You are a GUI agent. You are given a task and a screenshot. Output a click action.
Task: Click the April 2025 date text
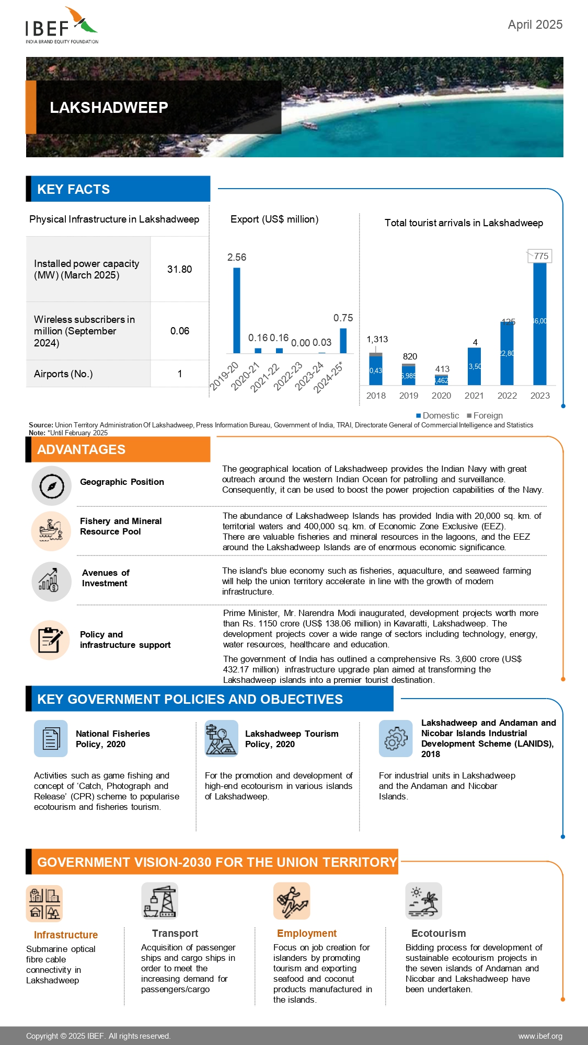(535, 25)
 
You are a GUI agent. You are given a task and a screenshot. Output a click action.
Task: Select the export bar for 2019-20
(237, 310)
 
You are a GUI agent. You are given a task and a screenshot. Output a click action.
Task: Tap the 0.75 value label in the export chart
(343, 318)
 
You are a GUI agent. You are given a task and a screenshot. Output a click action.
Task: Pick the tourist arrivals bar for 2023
(540, 323)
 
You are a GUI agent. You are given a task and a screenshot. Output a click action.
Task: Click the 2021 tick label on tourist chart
(474, 396)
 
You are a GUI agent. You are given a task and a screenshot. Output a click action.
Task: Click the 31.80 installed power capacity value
(179, 269)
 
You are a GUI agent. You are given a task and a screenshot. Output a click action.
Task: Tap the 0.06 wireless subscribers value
(180, 331)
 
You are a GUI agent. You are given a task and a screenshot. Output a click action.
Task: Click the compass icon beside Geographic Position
(51, 486)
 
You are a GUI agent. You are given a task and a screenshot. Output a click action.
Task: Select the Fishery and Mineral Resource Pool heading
(121, 526)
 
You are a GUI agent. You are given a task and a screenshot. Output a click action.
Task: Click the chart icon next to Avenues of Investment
(51, 581)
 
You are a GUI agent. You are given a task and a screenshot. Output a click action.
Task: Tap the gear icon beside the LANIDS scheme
(396, 738)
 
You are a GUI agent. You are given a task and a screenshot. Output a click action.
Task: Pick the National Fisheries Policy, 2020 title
(113, 739)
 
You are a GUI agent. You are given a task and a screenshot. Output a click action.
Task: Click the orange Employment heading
(307, 933)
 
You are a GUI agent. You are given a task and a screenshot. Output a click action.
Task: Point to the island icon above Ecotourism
(423, 901)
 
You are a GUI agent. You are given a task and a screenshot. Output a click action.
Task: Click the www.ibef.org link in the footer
(540, 1036)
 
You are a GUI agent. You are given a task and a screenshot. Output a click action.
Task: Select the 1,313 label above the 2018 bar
(377, 339)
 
